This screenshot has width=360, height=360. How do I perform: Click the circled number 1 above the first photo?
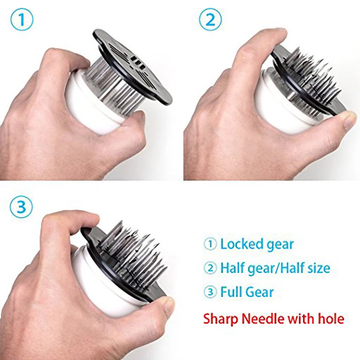click(x=22, y=19)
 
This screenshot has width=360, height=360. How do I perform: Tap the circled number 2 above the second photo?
click(x=210, y=19)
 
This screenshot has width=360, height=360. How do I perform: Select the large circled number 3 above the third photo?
click(x=21, y=207)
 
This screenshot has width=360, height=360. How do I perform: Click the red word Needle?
click(x=264, y=319)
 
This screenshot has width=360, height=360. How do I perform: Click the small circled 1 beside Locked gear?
click(x=210, y=244)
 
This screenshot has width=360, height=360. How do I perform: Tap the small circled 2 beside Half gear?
click(x=210, y=268)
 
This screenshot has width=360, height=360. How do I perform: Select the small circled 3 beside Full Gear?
click(x=210, y=292)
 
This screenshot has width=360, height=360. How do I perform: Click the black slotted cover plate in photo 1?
click(x=133, y=67)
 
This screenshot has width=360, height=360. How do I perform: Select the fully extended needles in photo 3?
click(x=131, y=255)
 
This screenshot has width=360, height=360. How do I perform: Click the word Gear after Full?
click(x=258, y=292)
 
